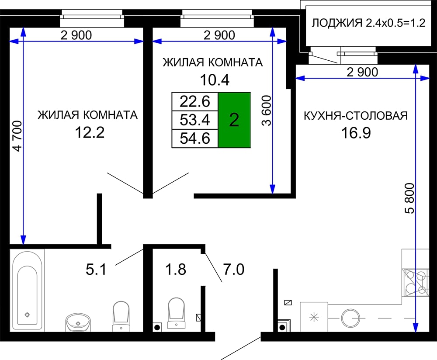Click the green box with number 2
pos(234,120)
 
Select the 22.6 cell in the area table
pos(195,101)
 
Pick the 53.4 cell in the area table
pos(195,120)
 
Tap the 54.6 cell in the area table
pos(195,138)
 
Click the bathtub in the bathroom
pos(27,291)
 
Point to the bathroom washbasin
pos(78,322)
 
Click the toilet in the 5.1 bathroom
pos(121,316)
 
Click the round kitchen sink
pos(350,318)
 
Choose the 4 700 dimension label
pos(17,136)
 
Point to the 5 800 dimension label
pos(410,198)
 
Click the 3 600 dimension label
pos(267,111)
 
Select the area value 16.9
pos(356,133)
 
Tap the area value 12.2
pos(90,132)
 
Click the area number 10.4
pos(215,80)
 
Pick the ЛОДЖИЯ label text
pos(337,23)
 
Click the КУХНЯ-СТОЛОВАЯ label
pos(356,116)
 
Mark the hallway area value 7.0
pos(234,270)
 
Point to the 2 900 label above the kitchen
pos(362,72)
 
